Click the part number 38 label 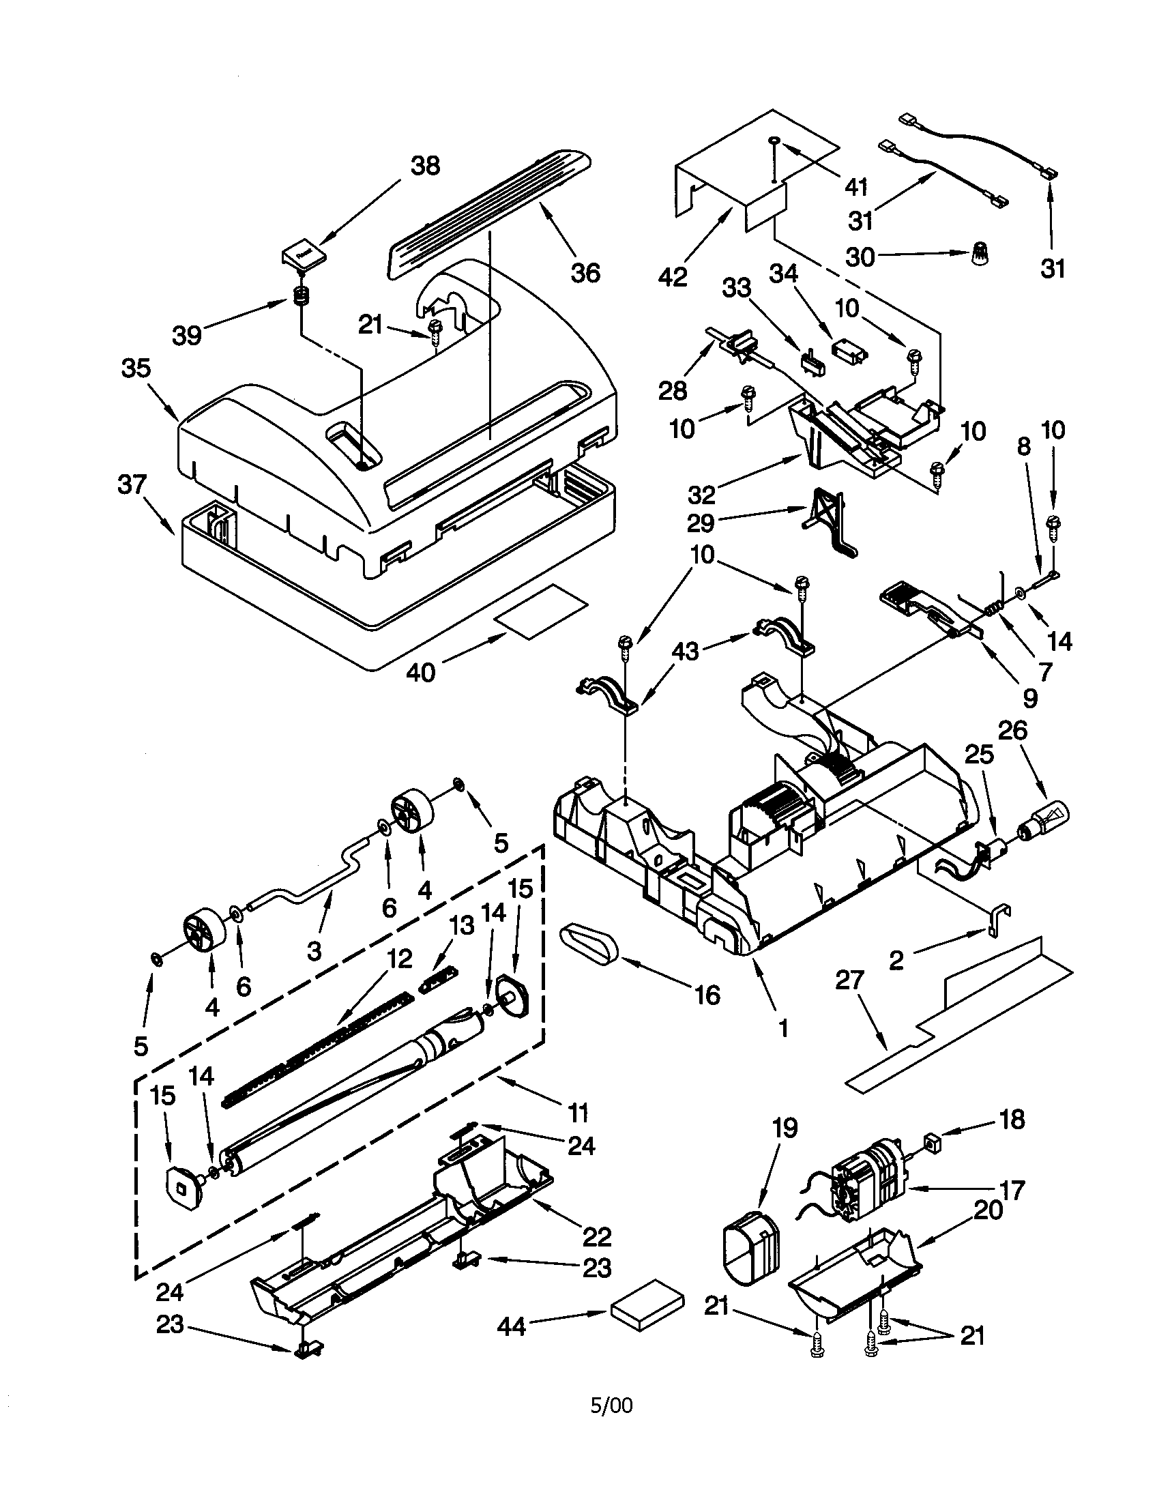424,166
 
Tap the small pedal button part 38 302,255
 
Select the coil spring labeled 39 301,297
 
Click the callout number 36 585,273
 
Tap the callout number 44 511,1326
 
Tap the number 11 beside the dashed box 578,1111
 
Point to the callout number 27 849,979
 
